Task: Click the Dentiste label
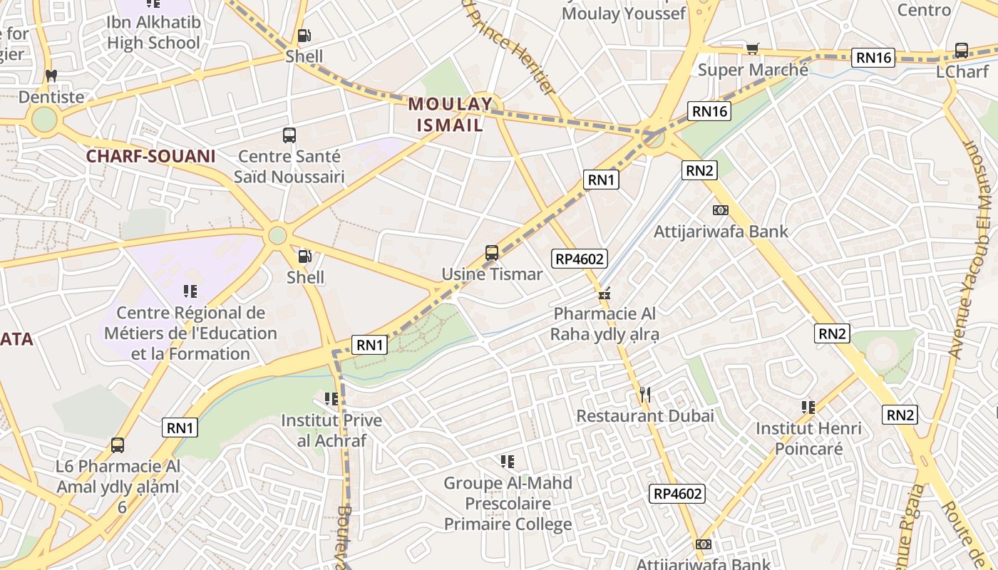(x=51, y=97)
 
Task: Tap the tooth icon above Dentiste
(x=51, y=76)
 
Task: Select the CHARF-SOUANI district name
(x=150, y=156)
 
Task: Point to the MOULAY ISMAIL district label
(x=450, y=115)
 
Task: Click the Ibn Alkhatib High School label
(x=153, y=33)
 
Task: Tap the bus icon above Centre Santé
(x=289, y=135)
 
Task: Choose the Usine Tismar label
(x=492, y=274)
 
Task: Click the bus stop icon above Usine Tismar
(x=491, y=252)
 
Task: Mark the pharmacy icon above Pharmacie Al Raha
(x=605, y=293)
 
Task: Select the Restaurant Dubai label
(x=644, y=415)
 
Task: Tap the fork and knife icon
(x=644, y=394)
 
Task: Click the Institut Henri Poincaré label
(x=808, y=438)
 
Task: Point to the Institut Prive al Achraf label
(x=331, y=430)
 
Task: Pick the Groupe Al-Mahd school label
(x=508, y=504)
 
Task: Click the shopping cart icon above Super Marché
(x=752, y=48)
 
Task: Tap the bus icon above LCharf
(x=961, y=51)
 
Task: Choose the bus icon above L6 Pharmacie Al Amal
(x=118, y=445)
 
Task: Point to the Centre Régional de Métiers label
(x=190, y=333)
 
